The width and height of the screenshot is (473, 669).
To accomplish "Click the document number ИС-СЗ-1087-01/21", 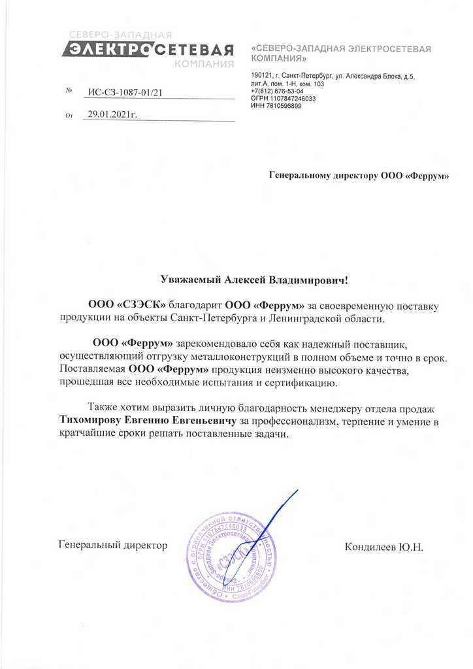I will click(124, 92).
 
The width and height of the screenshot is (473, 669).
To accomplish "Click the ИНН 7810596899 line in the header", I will click(276, 106).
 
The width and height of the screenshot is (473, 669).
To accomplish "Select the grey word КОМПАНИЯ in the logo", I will click(204, 64).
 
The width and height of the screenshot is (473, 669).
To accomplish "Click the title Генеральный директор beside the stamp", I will click(113, 544).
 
